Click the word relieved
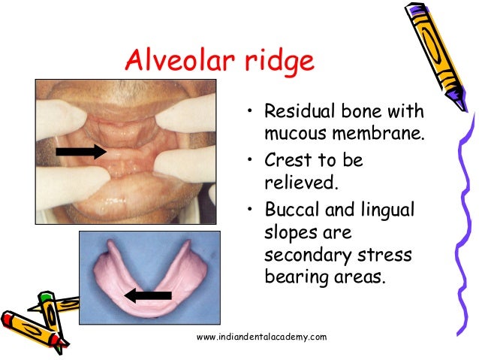294,183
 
